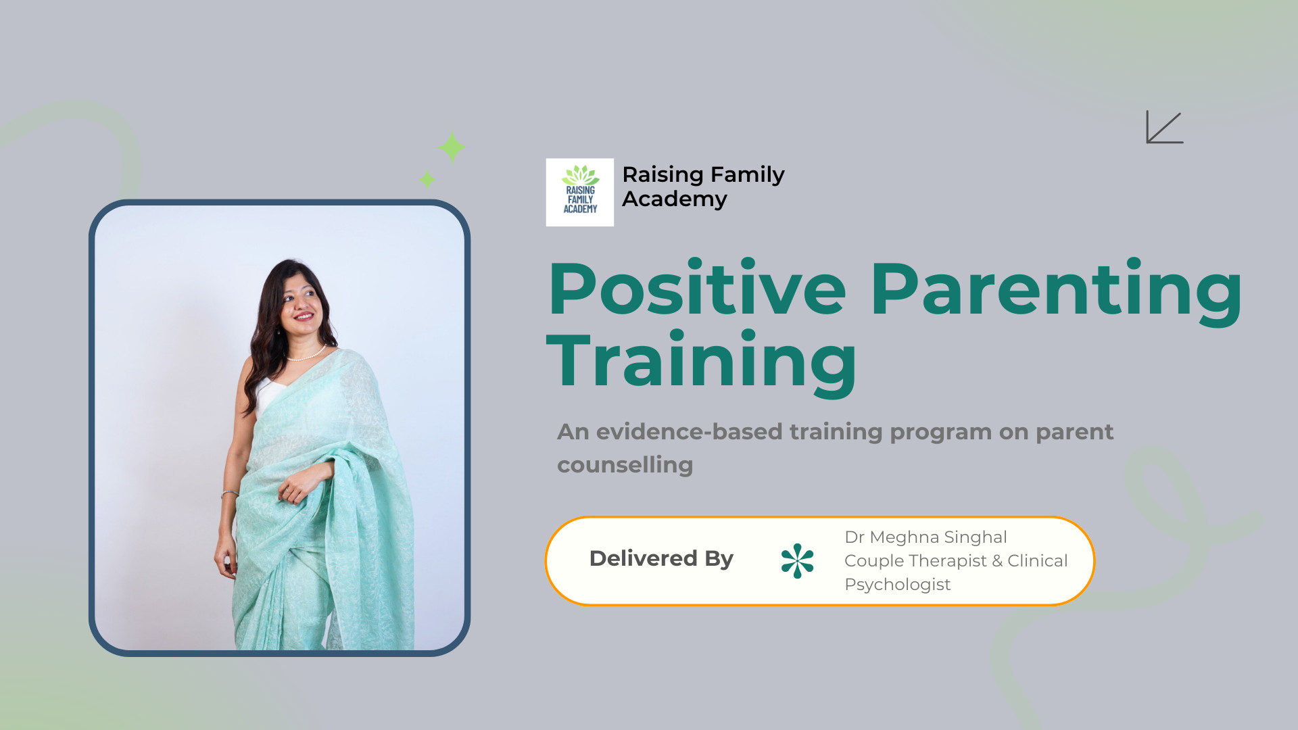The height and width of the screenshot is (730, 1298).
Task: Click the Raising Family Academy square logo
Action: click(580, 193)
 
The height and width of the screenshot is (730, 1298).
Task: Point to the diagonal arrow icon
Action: click(1165, 127)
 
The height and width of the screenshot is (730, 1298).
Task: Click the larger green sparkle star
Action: click(452, 147)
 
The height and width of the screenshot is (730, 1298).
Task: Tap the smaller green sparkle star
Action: click(427, 179)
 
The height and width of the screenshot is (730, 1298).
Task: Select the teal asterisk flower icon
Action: click(798, 561)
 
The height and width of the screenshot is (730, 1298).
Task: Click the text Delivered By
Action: click(661, 558)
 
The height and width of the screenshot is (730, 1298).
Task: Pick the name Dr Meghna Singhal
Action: click(926, 537)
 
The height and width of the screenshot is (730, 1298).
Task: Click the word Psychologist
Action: click(898, 585)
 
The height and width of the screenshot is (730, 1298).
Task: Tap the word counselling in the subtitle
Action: click(625, 465)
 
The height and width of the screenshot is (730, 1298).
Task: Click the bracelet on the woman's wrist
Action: click(229, 495)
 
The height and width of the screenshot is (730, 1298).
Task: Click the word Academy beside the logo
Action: click(675, 199)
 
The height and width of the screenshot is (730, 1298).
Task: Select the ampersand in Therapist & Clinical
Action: click(997, 561)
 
